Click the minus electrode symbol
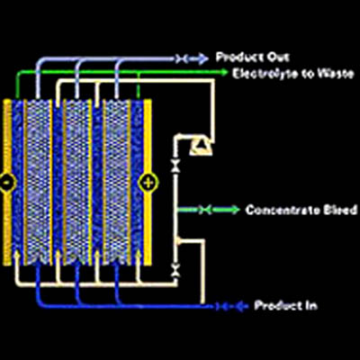click(6, 182)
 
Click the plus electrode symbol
click(148, 182)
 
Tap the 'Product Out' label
click(253, 57)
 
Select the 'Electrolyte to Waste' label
click(293, 73)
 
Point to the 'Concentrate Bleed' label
click(301, 210)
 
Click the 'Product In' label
click(285, 306)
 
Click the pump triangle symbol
click(202, 147)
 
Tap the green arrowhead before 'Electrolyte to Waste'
click(223, 72)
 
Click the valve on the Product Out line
click(181, 59)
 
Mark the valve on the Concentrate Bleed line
click(205, 210)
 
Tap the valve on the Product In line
click(221, 306)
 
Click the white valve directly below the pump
click(175, 166)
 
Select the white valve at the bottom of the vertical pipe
click(175, 270)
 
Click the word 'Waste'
click(337, 73)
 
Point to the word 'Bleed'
click(340, 210)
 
